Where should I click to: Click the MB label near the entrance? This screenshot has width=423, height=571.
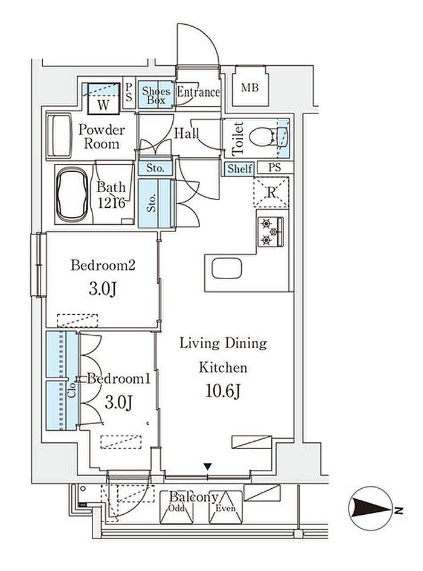pyautogui.click(x=250, y=88)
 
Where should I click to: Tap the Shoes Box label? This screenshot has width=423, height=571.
pyautogui.click(x=157, y=95)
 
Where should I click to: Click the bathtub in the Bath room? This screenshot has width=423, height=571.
pyautogui.click(x=72, y=194)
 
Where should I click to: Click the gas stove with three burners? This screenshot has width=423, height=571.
pyautogui.click(x=271, y=231)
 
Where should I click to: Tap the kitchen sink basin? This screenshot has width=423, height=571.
pyautogui.click(x=227, y=268)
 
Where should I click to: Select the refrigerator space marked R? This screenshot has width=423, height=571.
pyautogui.click(x=271, y=192)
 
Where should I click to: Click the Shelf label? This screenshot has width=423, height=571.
pyautogui.click(x=240, y=169)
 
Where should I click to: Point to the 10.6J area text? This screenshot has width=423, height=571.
pyautogui.click(x=223, y=392)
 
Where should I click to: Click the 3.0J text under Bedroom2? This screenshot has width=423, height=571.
pyautogui.click(x=102, y=289)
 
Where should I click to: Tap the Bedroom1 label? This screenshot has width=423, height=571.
pyautogui.click(x=119, y=379)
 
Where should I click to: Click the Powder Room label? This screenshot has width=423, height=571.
pyautogui.click(x=102, y=137)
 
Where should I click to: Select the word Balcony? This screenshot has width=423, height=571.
pyautogui.click(x=194, y=497)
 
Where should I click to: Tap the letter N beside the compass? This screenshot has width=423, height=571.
pyautogui.click(x=399, y=511)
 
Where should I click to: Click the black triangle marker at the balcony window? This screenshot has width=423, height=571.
pyautogui.click(x=208, y=466)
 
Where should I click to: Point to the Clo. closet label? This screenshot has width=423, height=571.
pyautogui.click(x=73, y=389)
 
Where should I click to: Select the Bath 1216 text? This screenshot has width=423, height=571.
pyautogui.click(x=111, y=195)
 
